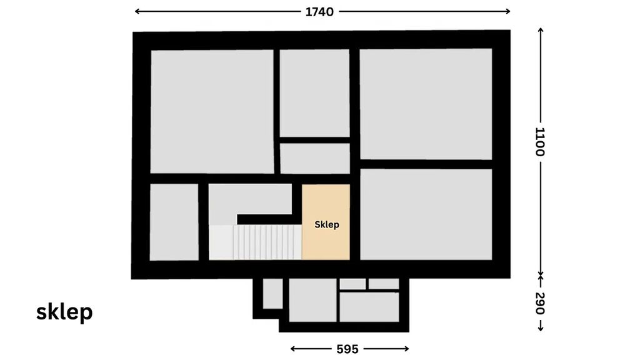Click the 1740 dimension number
pos(319,12)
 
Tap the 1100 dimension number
pos(540,142)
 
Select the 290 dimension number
pos(540,303)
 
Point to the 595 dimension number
pos(347,349)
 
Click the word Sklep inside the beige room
pos(326,224)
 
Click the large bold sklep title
pos(64,312)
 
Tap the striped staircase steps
pos(267,242)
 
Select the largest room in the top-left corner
pos(212,111)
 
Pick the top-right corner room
pos(426,104)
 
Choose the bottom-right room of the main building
pos(426,214)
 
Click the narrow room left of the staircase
pos(174,222)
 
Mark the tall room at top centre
pos(314,93)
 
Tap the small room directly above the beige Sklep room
pos(315,158)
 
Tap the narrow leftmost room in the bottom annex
pos(272,294)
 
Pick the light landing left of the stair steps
pos(221,242)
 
